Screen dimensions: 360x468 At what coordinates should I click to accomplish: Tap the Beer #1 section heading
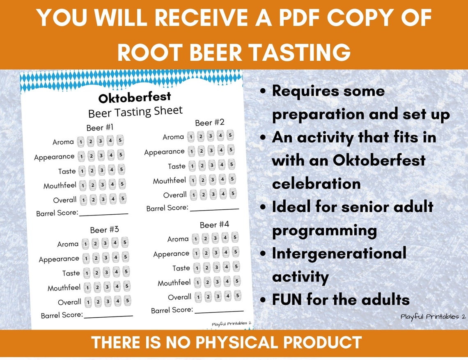coord(100,128)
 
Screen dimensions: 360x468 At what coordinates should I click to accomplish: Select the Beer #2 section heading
coord(210,122)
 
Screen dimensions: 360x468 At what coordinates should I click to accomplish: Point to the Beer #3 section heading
coord(105,229)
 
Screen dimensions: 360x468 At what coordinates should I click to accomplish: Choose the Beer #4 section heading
coord(214,225)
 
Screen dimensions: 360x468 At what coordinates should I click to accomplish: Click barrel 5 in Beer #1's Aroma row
coord(120,140)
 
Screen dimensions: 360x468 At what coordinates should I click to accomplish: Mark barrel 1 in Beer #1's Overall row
coord(83,200)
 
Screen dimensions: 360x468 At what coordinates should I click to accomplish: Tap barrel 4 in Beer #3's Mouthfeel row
coord(117,286)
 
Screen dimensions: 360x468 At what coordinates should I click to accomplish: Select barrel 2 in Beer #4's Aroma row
coord(205,238)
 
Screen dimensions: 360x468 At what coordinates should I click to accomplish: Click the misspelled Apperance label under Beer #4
coord(171,254)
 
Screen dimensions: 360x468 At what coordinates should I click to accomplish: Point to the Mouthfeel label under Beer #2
coord(170,181)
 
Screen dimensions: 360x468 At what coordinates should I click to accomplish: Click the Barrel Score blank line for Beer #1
coord(103,213)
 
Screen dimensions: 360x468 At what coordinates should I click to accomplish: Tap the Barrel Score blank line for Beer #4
coord(219,311)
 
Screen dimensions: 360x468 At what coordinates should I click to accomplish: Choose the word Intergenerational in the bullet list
coord(339,253)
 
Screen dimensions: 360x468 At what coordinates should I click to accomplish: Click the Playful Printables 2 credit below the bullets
coord(433,316)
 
